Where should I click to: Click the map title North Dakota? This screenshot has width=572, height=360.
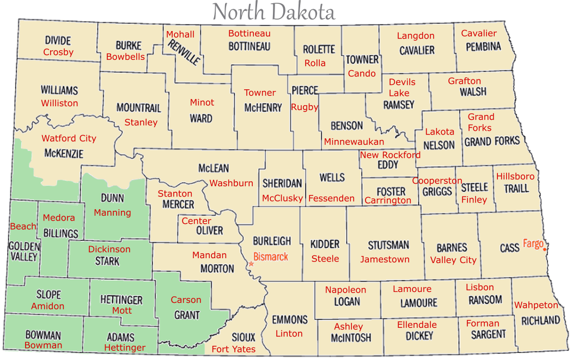(x=273, y=11)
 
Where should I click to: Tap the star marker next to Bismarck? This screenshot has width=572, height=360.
(x=251, y=264)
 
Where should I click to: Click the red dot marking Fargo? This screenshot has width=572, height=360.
(x=544, y=249)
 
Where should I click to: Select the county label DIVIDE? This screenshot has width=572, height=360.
(x=58, y=41)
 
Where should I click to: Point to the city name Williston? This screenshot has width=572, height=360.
(x=59, y=103)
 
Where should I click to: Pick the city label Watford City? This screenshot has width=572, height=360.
(x=69, y=138)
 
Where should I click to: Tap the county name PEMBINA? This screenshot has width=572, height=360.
(x=483, y=46)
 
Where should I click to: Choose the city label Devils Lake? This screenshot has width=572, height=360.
(x=402, y=88)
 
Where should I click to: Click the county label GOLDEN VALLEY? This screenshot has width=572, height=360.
(x=24, y=252)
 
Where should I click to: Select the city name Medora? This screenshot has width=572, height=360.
(x=59, y=218)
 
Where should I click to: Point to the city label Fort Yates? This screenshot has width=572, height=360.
(x=233, y=349)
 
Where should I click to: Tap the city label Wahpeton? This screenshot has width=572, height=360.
(x=536, y=305)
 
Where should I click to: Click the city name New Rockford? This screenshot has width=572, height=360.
(x=390, y=155)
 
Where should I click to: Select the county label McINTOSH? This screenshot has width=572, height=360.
(x=351, y=338)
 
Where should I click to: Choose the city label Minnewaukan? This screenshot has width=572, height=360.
(x=354, y=142)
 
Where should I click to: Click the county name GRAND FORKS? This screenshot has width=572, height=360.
(x=492, y=142)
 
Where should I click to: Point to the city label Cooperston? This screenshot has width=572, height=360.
(x=437, y=181)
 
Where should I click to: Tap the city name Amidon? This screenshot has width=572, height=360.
(x=47, y=306)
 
